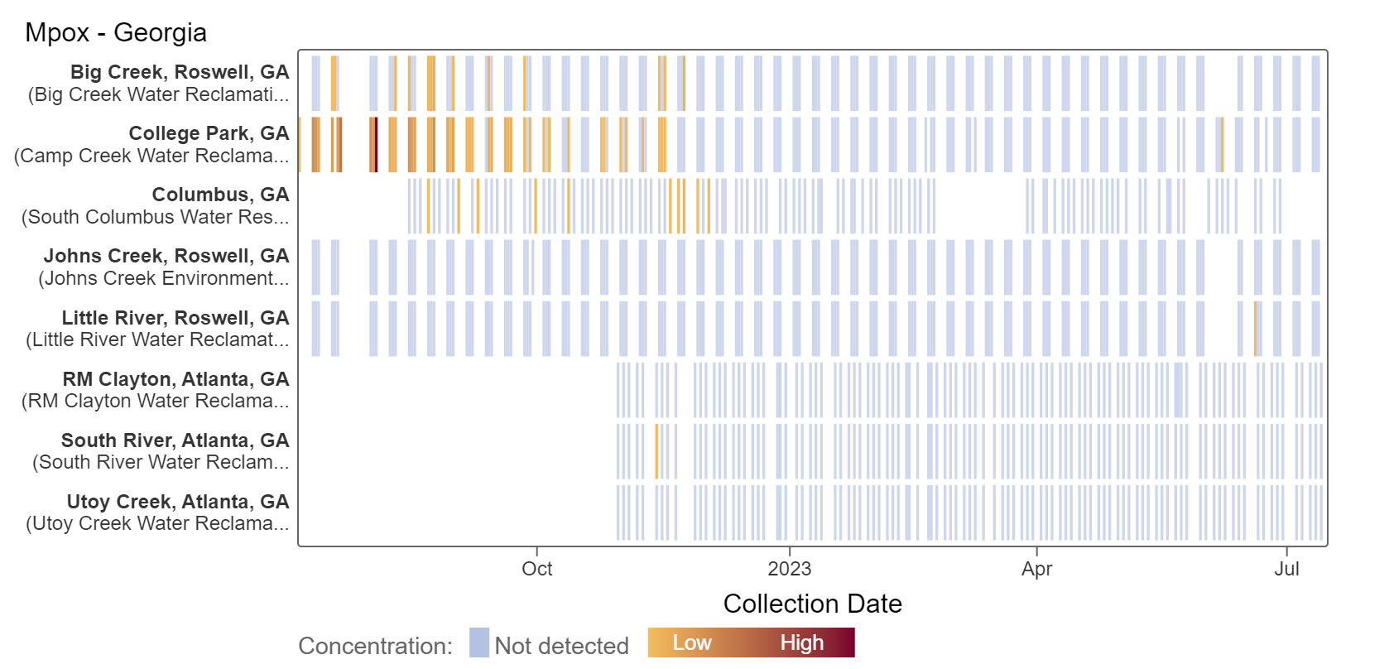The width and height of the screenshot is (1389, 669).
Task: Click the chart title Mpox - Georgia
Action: tap(116, 33)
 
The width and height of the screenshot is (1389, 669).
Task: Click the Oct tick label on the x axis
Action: tap(537, 570)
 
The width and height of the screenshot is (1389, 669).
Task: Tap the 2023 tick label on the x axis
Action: tap(790, 570)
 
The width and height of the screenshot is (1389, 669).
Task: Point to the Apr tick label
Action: tap(1036, 570)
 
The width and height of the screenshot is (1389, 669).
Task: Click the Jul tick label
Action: tap(1286, 570)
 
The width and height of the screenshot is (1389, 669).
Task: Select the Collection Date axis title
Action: tap(812, 604)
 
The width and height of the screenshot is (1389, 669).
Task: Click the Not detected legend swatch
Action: tap(479, 643)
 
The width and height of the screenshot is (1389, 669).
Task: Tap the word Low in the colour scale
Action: tap(692, 643)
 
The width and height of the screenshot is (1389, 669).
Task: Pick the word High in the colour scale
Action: tap(801, 643)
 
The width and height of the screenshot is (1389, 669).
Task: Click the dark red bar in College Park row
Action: tap(376, 145)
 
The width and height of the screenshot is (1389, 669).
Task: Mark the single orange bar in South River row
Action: tap(656, 451)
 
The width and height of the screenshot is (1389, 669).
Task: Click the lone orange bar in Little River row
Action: tap(1256, 329)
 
